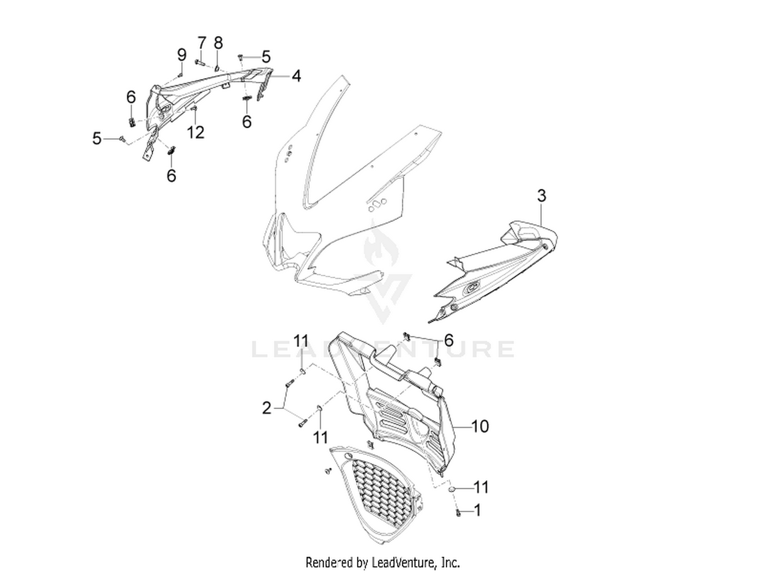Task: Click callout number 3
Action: tap(541, 196)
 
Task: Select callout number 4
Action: tap(296, 76)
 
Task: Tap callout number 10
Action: tap(480, 426)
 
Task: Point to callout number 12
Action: tap(196, 133)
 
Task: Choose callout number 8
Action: tap(218, 43)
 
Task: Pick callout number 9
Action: tap(182, 55)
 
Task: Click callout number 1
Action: tap(477, 511)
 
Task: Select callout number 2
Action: tap(267, 408)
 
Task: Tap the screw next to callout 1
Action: tap(458, 513)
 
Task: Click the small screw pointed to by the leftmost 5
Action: tap(122, 139)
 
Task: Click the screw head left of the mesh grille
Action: tap(328, 470)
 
